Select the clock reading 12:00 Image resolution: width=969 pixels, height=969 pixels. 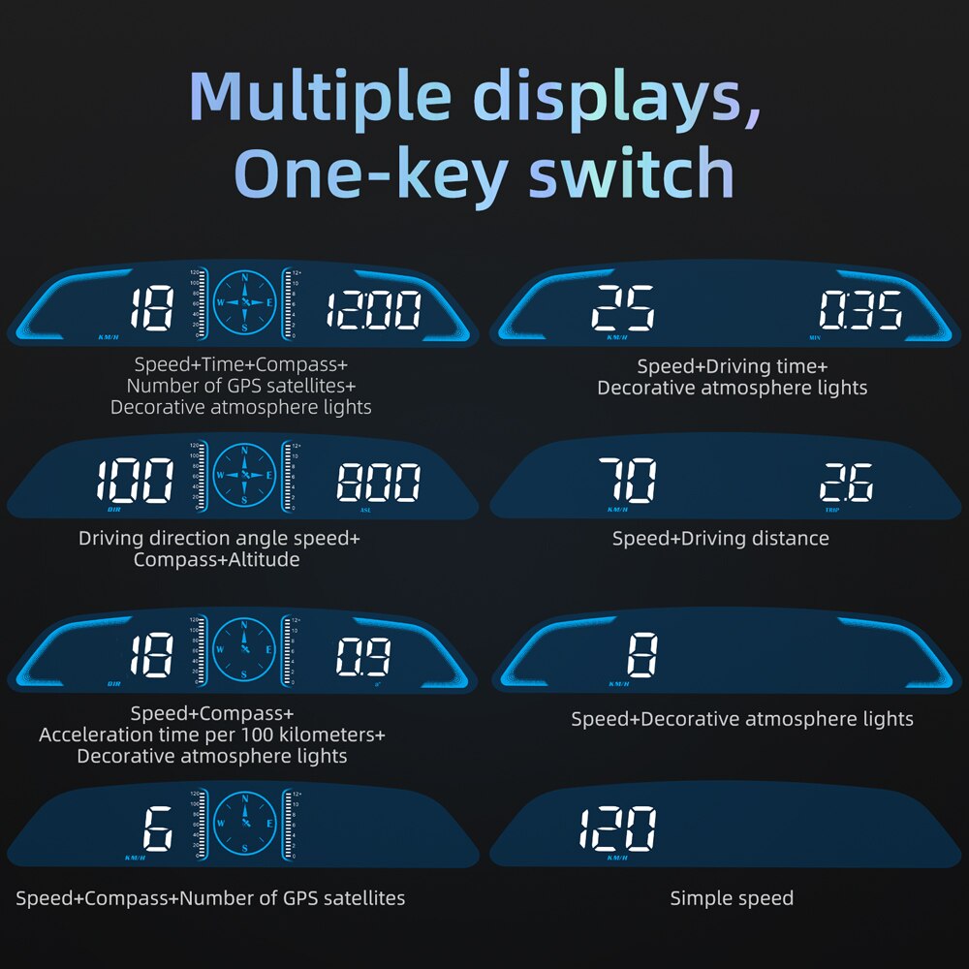tap(373, 311)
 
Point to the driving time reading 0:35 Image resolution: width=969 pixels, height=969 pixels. tap(860, 312)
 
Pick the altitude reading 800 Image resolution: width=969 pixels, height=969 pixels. tap(378, 483)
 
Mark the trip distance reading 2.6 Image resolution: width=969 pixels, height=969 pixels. tap(846, 483)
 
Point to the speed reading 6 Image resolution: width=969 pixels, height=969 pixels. tap(157, 829)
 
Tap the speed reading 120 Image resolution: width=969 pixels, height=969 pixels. tap(617, 829)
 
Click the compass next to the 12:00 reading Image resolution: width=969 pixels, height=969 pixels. tap(244, 302)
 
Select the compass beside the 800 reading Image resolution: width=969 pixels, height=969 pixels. tap(244, 475)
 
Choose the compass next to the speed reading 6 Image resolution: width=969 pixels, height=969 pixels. tap(244, 823)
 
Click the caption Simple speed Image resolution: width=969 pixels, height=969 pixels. tap(732, 898)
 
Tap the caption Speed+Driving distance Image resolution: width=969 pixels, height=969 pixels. tap(720, 538)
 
